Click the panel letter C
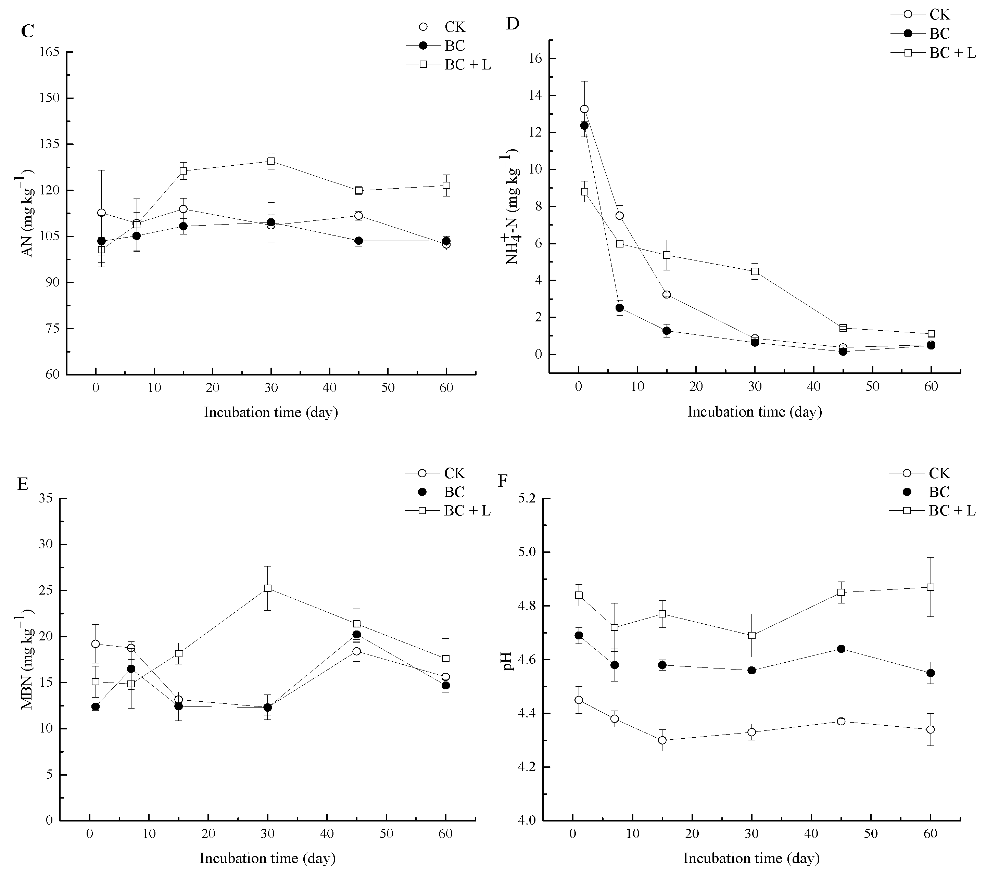click(x=27, y=31)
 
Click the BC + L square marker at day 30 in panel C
click(x=271, y=161)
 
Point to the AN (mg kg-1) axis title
click(x=27, y=213)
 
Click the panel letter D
click(x=512, y=24)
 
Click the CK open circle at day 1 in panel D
click(x=584, y=109)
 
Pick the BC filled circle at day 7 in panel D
click(x=619, y=308)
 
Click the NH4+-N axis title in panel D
click(x=511, y=208)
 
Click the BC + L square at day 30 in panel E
click(x=267, y=588)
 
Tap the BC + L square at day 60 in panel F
click(x=931, y=587)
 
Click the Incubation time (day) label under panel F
click(x=751, y=858)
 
